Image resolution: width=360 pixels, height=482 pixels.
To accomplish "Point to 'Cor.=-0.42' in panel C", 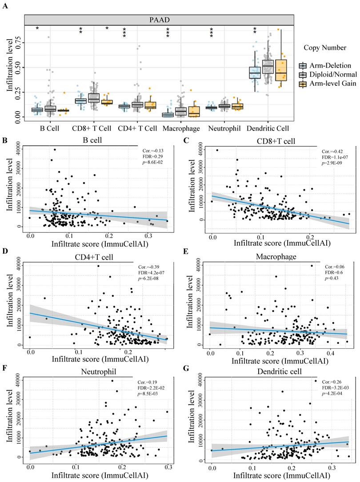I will tap(335, 151).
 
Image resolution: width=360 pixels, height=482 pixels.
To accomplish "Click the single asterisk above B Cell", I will tap(37, 28).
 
